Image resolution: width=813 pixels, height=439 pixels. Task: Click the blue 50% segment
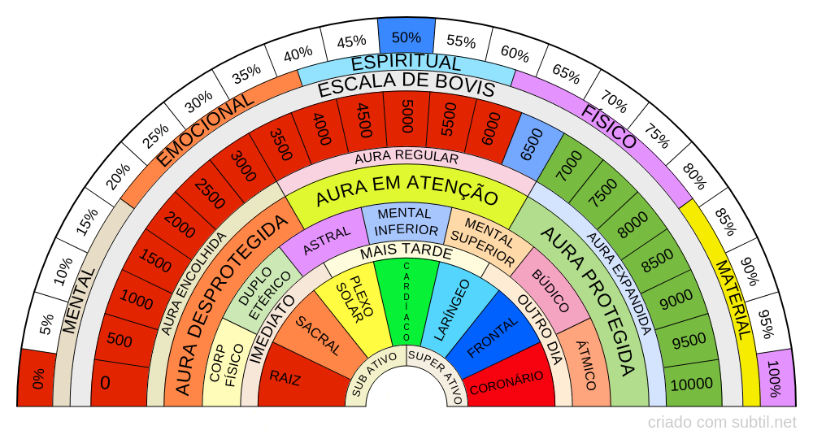coord(406,37)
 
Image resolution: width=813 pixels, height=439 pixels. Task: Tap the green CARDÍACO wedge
coord(406,301)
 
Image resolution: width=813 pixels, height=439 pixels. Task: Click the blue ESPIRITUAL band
coord(406,63)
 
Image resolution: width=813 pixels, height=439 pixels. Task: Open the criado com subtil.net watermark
coord(722,422)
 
